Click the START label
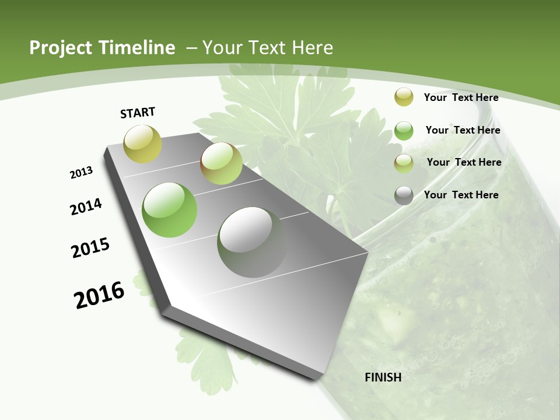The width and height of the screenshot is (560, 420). click(138, 113)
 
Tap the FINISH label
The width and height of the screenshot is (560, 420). click(383, 377)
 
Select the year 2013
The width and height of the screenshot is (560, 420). click(81, 173)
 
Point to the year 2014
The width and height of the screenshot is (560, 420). click(86, 207)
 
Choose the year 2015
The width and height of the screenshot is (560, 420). click(90, 248)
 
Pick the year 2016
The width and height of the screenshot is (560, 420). click(99, 295)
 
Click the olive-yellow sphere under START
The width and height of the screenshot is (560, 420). click(142, 143)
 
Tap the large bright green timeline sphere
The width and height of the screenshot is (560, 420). click(169, 210)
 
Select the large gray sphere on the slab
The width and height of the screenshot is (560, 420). click(253, 242)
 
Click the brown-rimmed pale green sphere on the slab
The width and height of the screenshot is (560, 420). click(221, 163)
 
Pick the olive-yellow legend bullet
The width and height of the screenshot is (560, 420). click(404, 97)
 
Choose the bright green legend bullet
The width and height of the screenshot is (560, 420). click(404, 131)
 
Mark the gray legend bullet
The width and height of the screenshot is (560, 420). click(404, 195)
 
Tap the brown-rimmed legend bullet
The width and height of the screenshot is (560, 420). click(404, 163)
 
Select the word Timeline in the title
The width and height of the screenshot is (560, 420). click(139, 48)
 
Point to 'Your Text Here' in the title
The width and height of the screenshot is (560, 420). click(268, 48)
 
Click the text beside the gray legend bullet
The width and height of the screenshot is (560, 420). click(461, 195)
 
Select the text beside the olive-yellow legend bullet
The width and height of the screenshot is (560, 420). click(461, 97)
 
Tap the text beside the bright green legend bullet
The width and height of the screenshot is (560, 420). click(463, 130)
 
